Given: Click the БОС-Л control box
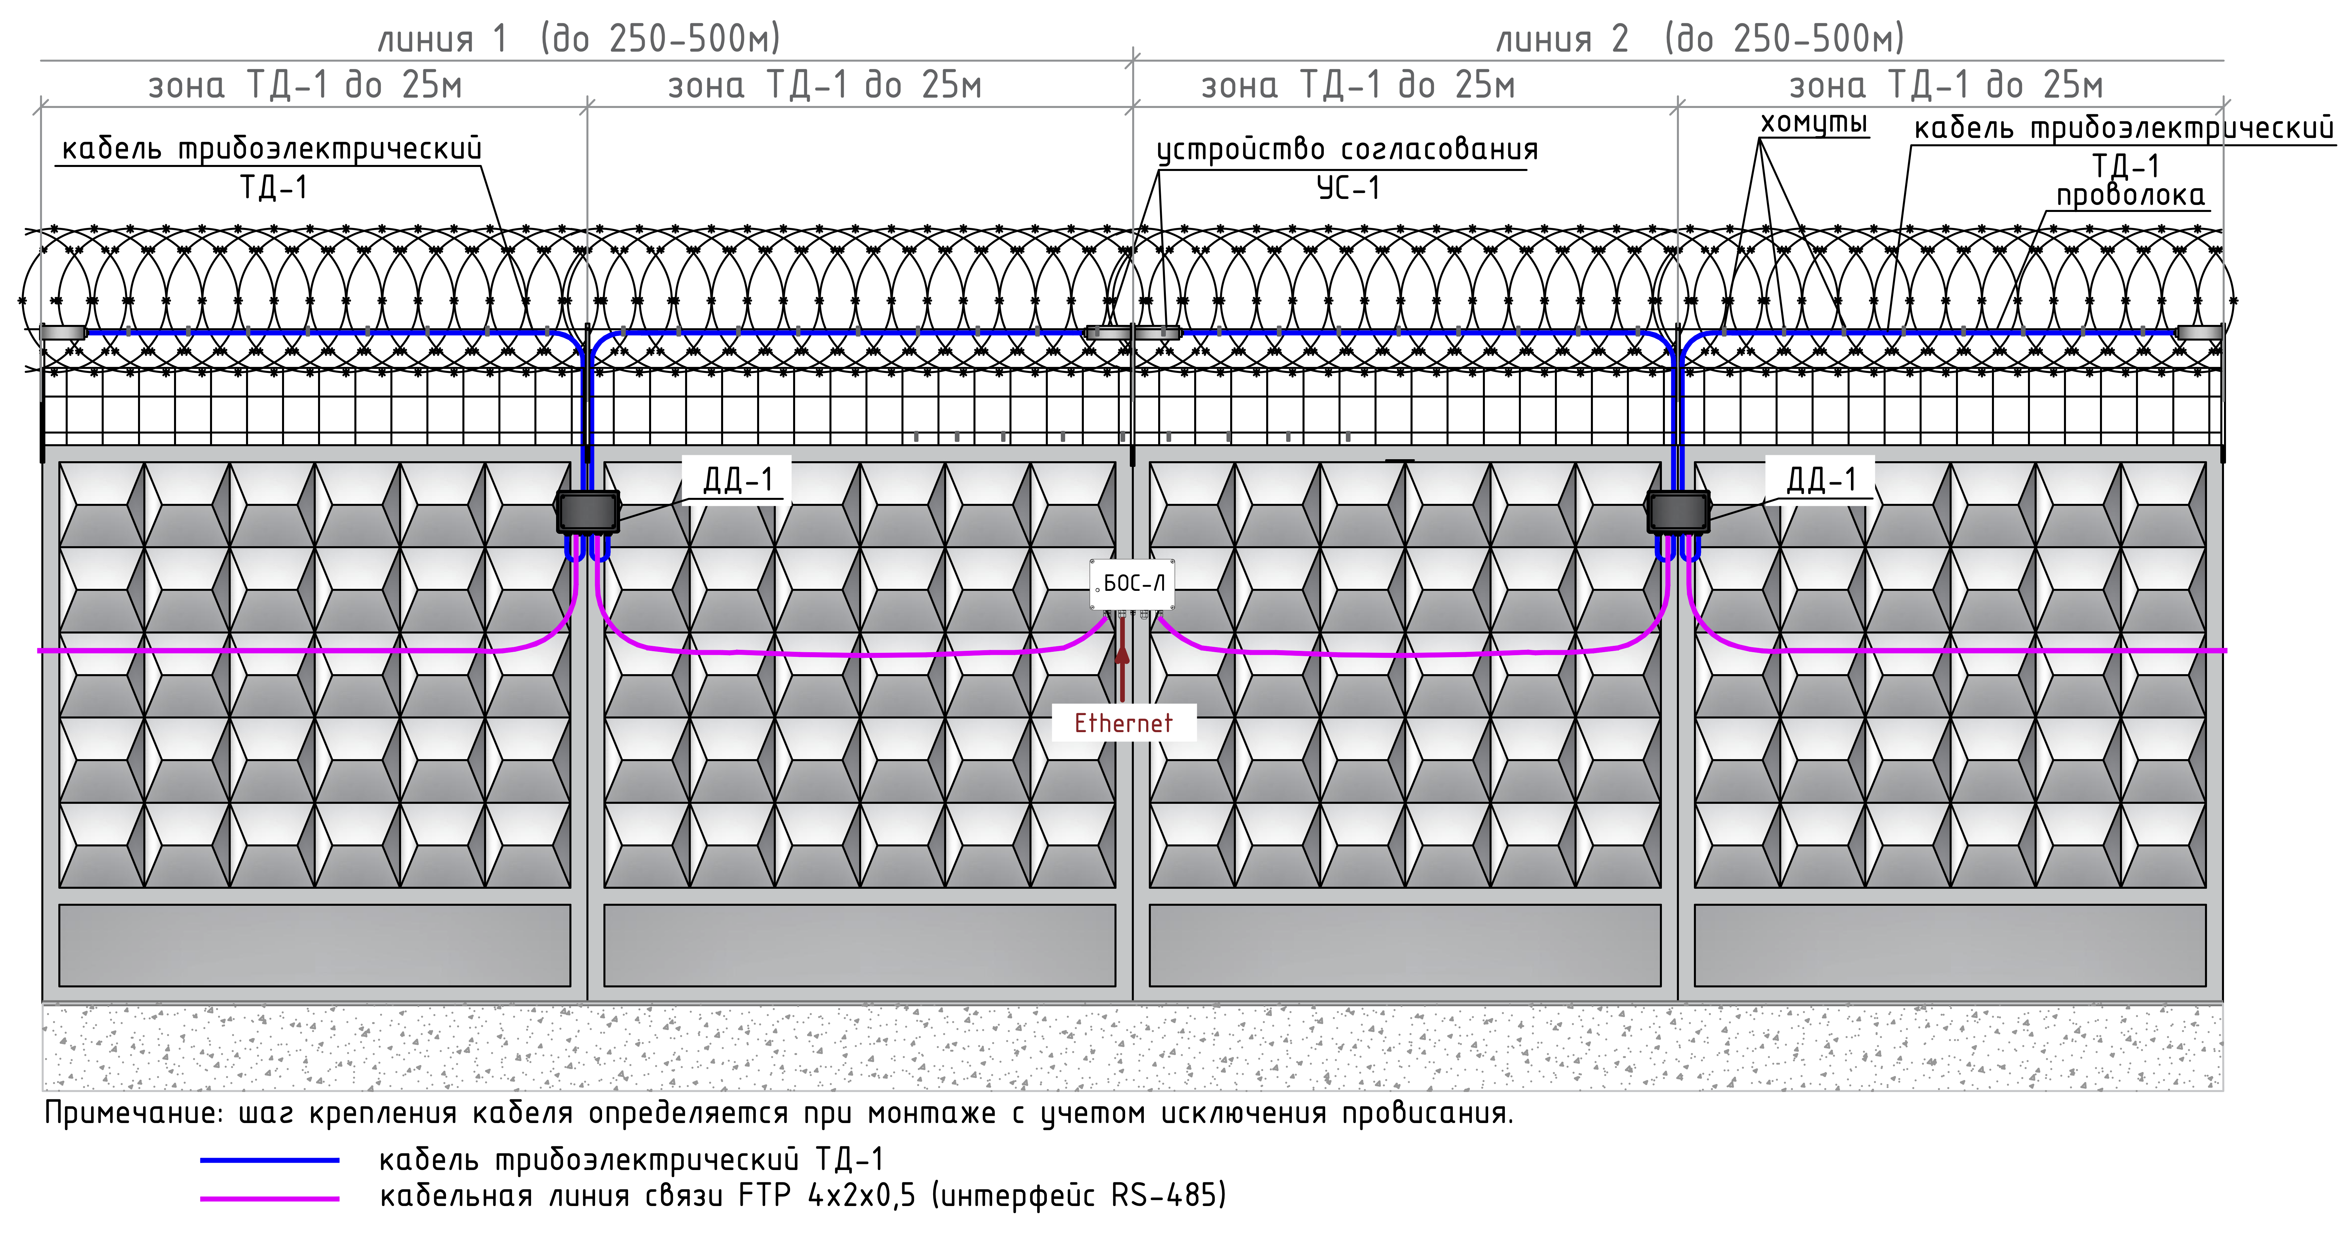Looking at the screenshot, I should pos(1131,584).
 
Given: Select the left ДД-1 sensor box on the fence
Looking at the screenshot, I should pos(587,512).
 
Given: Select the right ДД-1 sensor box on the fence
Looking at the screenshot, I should pos(1678,512).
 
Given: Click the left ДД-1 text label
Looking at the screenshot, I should pos(737,479).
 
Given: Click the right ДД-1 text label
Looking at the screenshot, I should pos(1821,479).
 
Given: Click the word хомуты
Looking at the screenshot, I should pos(1813,123).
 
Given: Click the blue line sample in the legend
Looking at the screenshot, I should pos(270,1160).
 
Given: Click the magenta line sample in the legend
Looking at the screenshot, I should pos(270,1198).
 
